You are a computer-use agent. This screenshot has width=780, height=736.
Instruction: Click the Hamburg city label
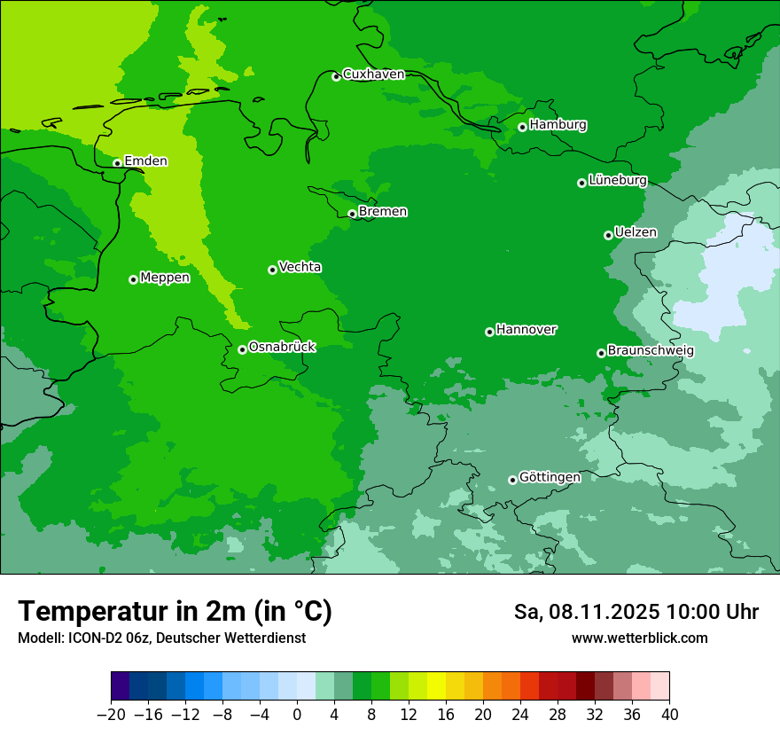[x=558, y=125]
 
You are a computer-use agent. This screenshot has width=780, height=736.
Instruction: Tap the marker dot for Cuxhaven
[x=336, y=76]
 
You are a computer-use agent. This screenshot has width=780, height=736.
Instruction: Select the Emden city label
[x=145, y=161]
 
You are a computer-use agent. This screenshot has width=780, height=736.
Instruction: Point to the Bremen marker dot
[x=352, y=214]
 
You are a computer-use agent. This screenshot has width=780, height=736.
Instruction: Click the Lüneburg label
[x=617, y=180]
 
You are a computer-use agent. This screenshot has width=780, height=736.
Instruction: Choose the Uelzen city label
[x=636, y=232]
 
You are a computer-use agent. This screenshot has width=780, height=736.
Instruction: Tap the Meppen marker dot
[x=133, y=279]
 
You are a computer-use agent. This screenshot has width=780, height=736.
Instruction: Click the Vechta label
[x=300, y=267]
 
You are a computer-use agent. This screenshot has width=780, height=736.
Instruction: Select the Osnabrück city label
[x=282, y=347]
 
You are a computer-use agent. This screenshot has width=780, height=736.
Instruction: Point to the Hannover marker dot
[x=489, y=332]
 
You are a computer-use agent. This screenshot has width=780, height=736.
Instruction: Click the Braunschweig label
[x=651, y=350]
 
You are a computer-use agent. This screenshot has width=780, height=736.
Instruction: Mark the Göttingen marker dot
[x=512, y=480]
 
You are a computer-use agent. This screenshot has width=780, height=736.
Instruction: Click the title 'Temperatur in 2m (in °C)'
[x=175, y=612]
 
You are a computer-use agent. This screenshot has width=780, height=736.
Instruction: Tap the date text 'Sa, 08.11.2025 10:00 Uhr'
[x=636, y=612]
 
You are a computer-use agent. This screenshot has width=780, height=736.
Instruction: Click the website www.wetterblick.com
[x=639, y=638]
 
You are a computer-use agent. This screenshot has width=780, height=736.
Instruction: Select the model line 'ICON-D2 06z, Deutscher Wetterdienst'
[x=161, y=638]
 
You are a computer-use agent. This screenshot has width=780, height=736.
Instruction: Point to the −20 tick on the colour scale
[x=111, y=715]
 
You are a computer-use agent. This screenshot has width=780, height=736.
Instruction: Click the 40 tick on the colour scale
[x=669, y=715]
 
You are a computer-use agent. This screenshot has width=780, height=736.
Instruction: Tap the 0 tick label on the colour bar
[x=297, y=715]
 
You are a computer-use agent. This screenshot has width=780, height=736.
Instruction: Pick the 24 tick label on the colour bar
[x=520, y=715]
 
